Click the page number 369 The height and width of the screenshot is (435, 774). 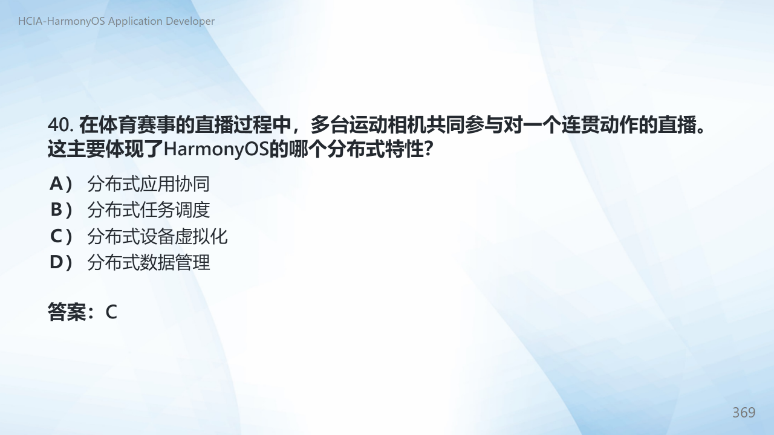click(744, 413)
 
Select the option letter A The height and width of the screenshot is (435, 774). click(56, 183)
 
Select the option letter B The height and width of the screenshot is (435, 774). click(56, 210)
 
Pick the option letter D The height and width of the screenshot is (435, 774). click(56, 262)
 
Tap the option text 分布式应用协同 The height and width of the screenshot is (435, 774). click(149, 184)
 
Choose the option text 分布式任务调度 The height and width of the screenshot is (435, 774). click(149, 210)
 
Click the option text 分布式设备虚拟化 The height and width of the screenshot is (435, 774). click(157, 236)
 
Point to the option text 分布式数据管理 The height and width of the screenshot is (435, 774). click(149, 262)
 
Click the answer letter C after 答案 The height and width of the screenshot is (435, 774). click(111, 312)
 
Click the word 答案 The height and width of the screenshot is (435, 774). click(67, 312)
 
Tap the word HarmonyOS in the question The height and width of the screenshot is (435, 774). click(216, 149)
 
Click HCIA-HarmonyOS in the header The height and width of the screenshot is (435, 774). click(62, 21)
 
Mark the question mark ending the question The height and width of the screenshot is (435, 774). click(428, 149)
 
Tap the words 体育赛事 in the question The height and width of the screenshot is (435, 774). click(137, 124)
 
